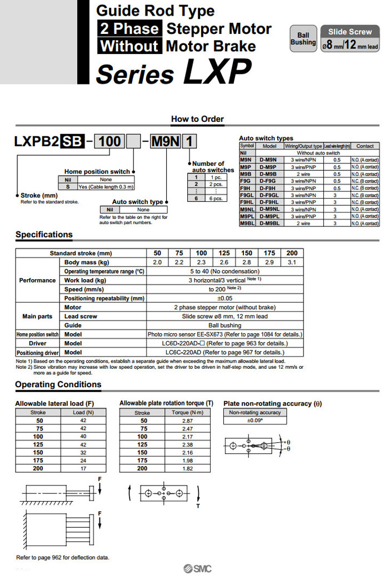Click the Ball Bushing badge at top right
(x=303, y=38)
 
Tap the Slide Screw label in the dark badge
(x=350, y=32)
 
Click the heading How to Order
(x=197, y=119)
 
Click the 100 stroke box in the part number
(x=109, y=142)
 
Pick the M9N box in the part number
(x=165, y=142)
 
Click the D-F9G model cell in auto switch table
(x=269, y=180)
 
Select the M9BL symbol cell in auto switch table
(x=247, y=223)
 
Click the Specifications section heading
(x=44, y=235)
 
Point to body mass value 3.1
(x=292, y=262)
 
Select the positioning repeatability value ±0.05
(x=225, y=298)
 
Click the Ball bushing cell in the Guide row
(x=225, y=325)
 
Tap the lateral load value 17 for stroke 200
(x=83, y=468)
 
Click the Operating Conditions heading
(x=58, y=384)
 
